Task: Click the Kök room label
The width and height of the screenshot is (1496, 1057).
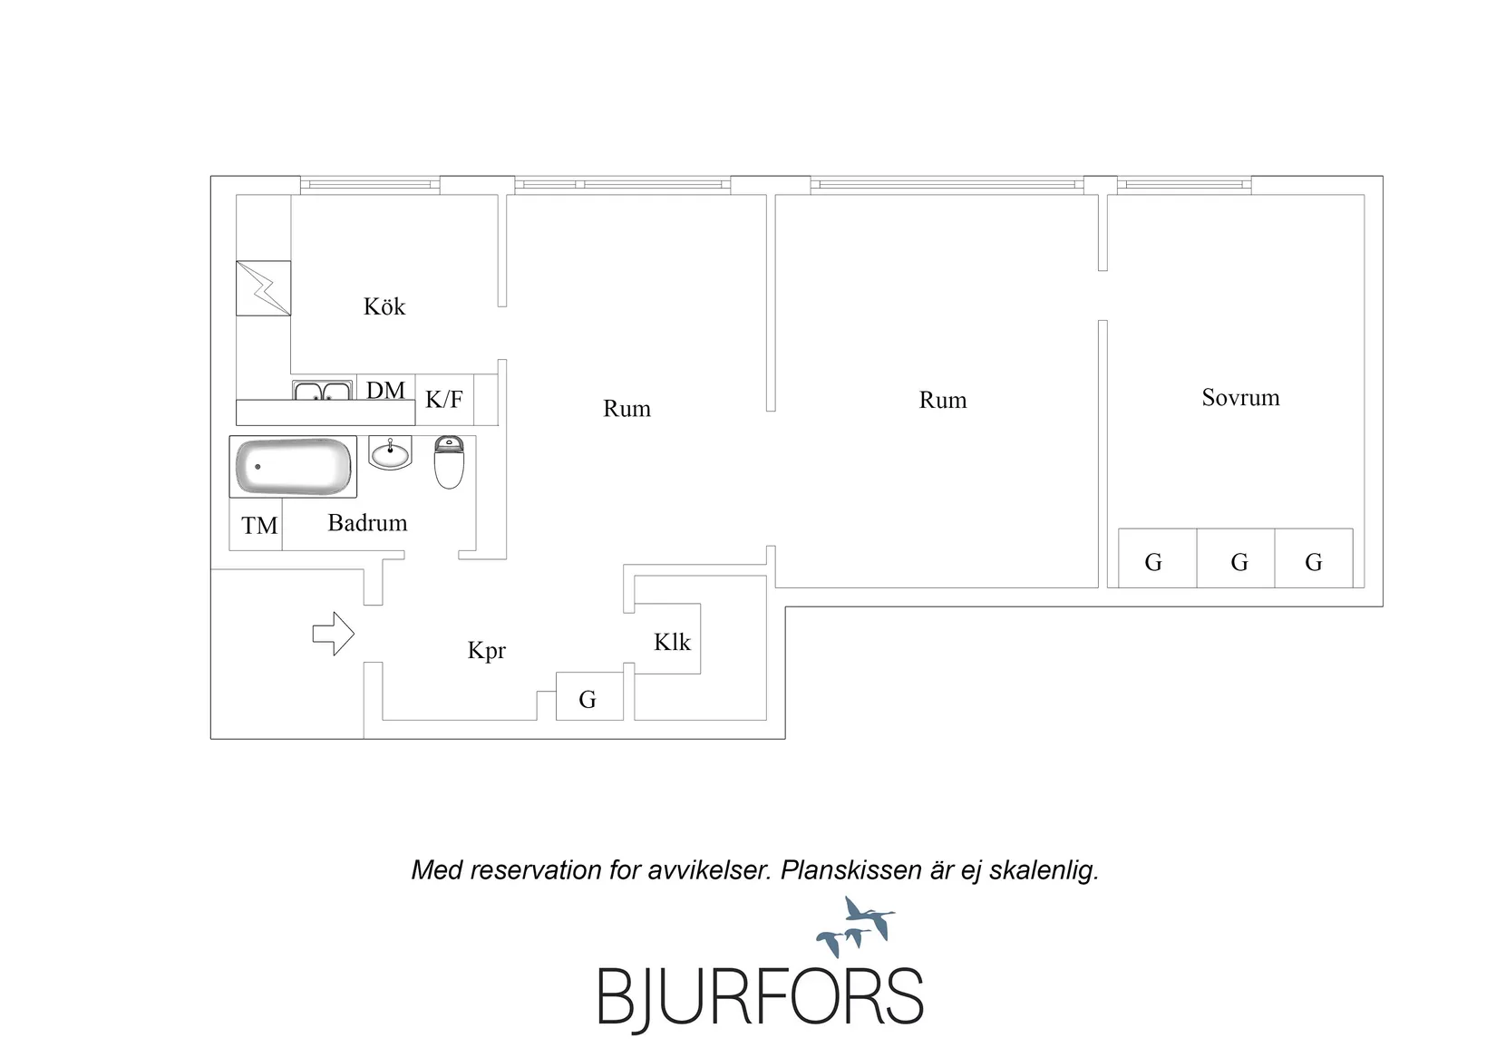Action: click(x=384, y=306)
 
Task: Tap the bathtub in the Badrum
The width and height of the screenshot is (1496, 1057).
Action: click(x=293, y=467)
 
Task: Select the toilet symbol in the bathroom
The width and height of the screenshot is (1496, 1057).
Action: click(x=449, y=462)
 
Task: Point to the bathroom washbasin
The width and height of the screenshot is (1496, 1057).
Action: click(x=390, y=452)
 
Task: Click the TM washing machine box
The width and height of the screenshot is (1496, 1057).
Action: click(x=256, y=525)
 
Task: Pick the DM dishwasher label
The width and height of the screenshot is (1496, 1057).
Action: click(x=385, y=390)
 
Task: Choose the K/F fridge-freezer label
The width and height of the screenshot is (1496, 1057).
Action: click(x=444, y=399)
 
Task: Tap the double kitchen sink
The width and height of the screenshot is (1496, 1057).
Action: click(x=322, y=390)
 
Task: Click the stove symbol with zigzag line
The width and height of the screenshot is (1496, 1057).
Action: click(x=263, y=287)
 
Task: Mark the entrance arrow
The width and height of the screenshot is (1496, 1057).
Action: click(x=334, y=634)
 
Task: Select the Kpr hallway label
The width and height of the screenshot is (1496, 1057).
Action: click(x=487, y=650)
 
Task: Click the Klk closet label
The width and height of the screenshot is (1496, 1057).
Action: click(x=672, y=642)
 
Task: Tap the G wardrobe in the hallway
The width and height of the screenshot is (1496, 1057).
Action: click(x=589, y=696)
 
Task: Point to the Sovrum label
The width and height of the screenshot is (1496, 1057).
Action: click(x=1241, y=397)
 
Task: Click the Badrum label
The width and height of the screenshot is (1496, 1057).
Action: click(x=367, y=522)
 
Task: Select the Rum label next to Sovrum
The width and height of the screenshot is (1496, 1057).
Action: click(x=942, y=400)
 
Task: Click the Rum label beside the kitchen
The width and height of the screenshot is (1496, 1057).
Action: click(x=627, y=408)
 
